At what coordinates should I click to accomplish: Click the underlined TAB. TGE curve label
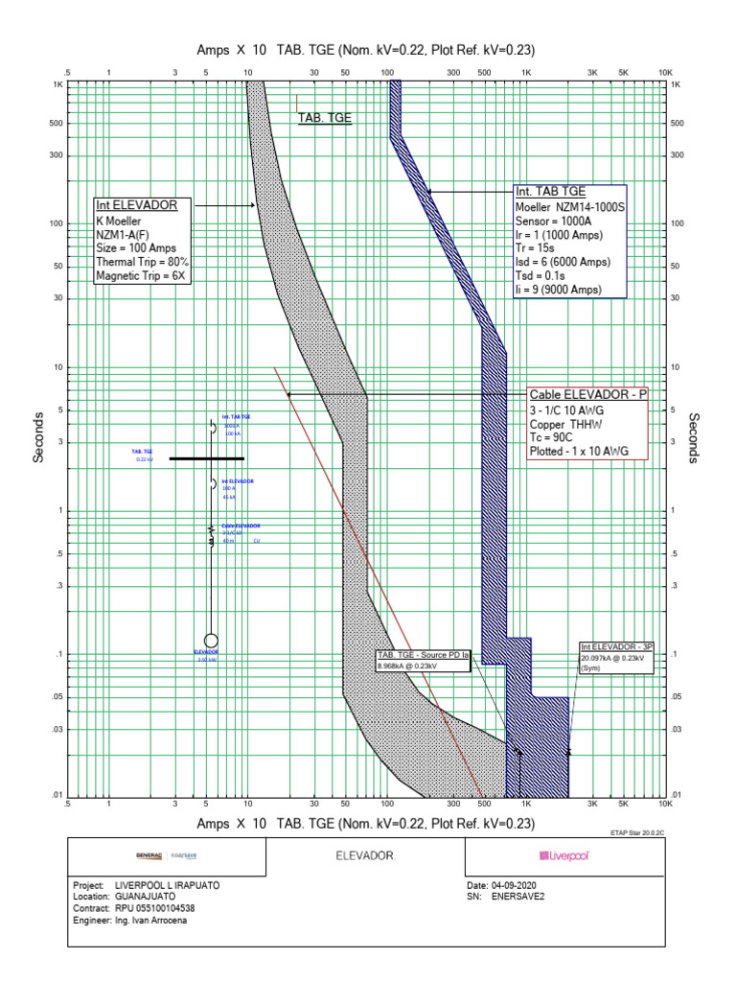[x=325, y=119]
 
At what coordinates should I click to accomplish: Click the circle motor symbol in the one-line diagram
[x=211, y=640]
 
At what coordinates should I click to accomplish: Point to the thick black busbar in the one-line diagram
[x=207, y=458]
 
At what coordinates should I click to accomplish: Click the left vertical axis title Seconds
[x=39, y=438]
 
